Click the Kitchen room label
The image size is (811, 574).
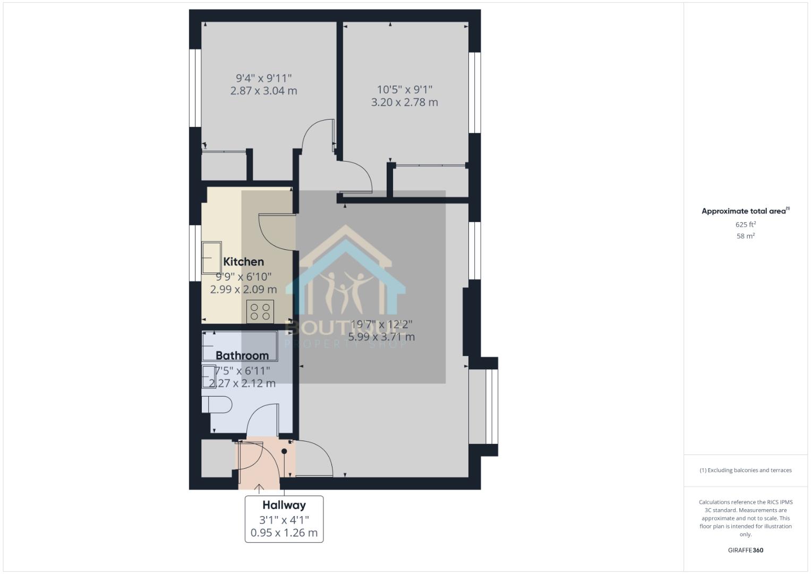pyautogui.click(x=243, y=261)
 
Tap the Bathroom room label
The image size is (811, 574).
pyautogui.click(x=242, y=356)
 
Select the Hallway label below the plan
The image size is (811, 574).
pyautogui.click(x=284, y=505)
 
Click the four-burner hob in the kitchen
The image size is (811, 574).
pyautogui.click(x=260, y=311)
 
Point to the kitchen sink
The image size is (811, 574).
pyautogui.click(x=212, y=258)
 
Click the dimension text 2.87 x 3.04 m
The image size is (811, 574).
pyautogui.click(x=263, y=91)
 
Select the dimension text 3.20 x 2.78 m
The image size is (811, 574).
pyautogui.click(x=404, y=102)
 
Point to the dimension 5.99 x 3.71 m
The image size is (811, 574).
pyautogui.click(x=381, y=336)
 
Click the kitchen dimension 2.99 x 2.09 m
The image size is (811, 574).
pyautogui.click(x=243, y=290)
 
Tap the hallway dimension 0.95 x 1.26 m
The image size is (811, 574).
pyautogui.click(x=284, y=533)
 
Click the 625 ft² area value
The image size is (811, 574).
pyautogui.click(x=746, y=225)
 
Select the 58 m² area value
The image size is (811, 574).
pyautogui.click(x=746, y=236)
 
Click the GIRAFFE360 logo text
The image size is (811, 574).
pyautogui.click(x=746, y=550)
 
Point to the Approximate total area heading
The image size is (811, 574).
pyautogui.click(x=745, y=211)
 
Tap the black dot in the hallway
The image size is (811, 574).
pyautogui.click(x=284, y=451)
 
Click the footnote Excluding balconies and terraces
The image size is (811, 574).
pyautogui.click(x=746, y=470)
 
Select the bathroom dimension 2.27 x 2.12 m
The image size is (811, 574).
pyautogui.click(x=242, y=383)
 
